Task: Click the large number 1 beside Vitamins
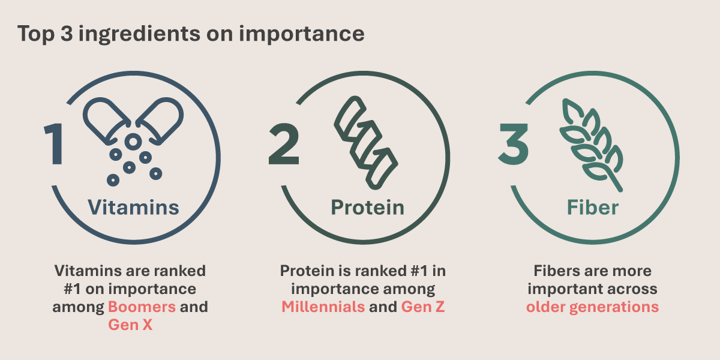click(x=55, y=143)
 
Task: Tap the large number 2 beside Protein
click(x=284, y=143)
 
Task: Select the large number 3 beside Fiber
click(x=514, y=143)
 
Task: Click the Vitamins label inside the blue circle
click(x=133, y=208)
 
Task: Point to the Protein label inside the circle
click(x=367, y=208)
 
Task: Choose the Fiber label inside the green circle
click(x=593, y=208)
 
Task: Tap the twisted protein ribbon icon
click(x=366, y=143)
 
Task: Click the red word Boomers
click(x=142, y=307)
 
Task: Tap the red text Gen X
click(x=130, y=325)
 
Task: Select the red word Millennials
click(x=323, y=307)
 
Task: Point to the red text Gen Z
click(x=423, y=307)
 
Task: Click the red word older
click(x=545, y=307)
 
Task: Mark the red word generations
click(x=614, y=308)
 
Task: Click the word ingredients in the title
click(x=139, y=34)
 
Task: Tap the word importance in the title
click(x=301, y=34)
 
